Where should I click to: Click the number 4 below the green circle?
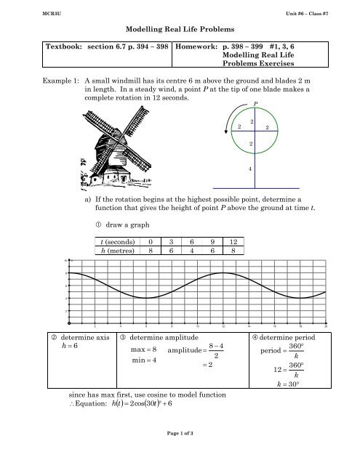coord(252,170)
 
